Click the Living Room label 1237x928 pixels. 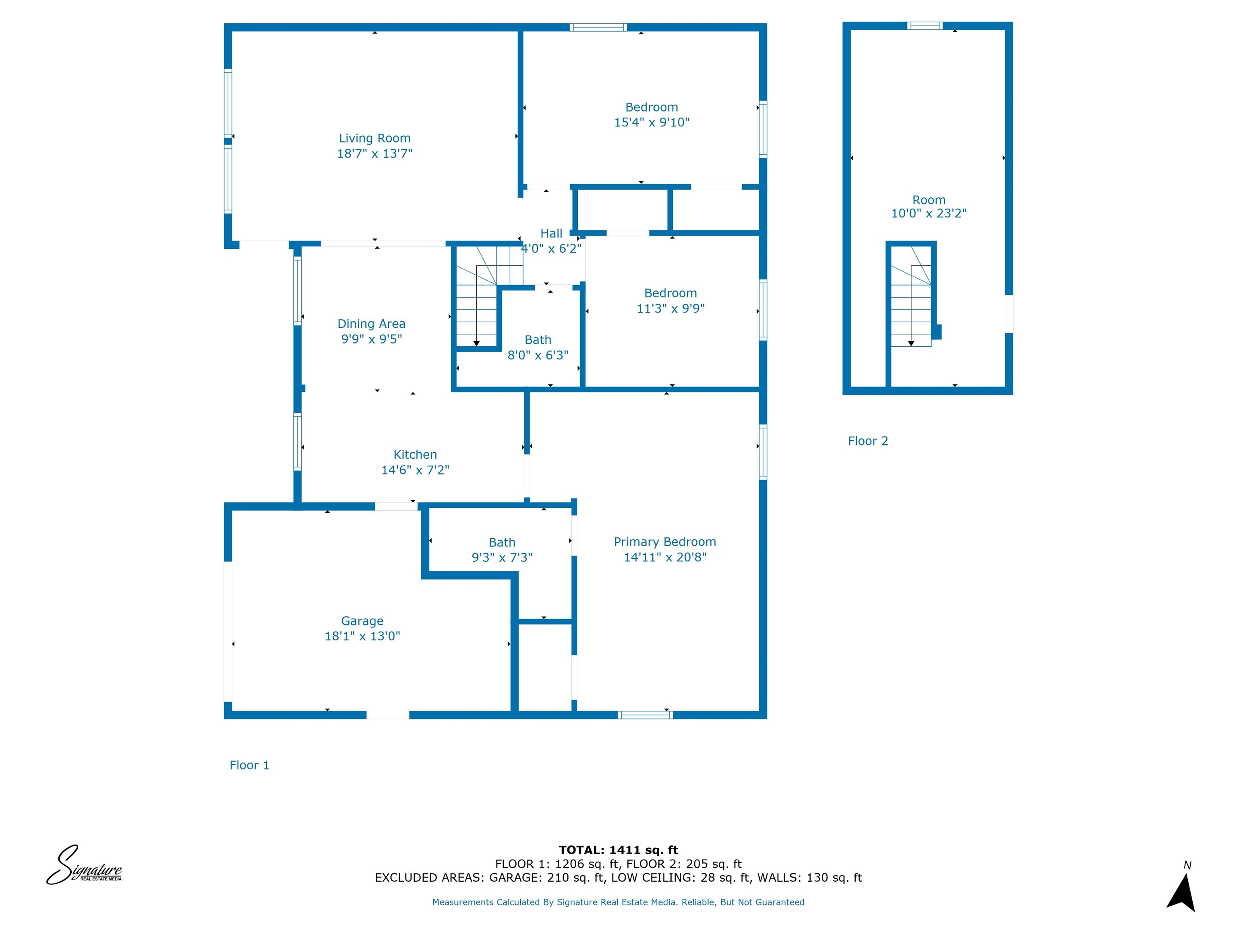374,138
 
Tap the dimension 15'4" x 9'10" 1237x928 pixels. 652,122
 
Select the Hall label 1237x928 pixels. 551,234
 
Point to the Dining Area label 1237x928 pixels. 371,324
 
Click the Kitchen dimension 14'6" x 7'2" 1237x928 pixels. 415,470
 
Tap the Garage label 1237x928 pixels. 362,621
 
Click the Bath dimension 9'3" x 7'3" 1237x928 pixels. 502,558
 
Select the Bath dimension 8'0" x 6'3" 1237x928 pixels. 538,355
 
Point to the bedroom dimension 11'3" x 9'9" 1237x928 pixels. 670,308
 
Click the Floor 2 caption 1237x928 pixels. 867,441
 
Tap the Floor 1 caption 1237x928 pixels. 249,765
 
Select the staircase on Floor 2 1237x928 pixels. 910,305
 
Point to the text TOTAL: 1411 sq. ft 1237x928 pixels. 618,850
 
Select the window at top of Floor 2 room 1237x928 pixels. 925,26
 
